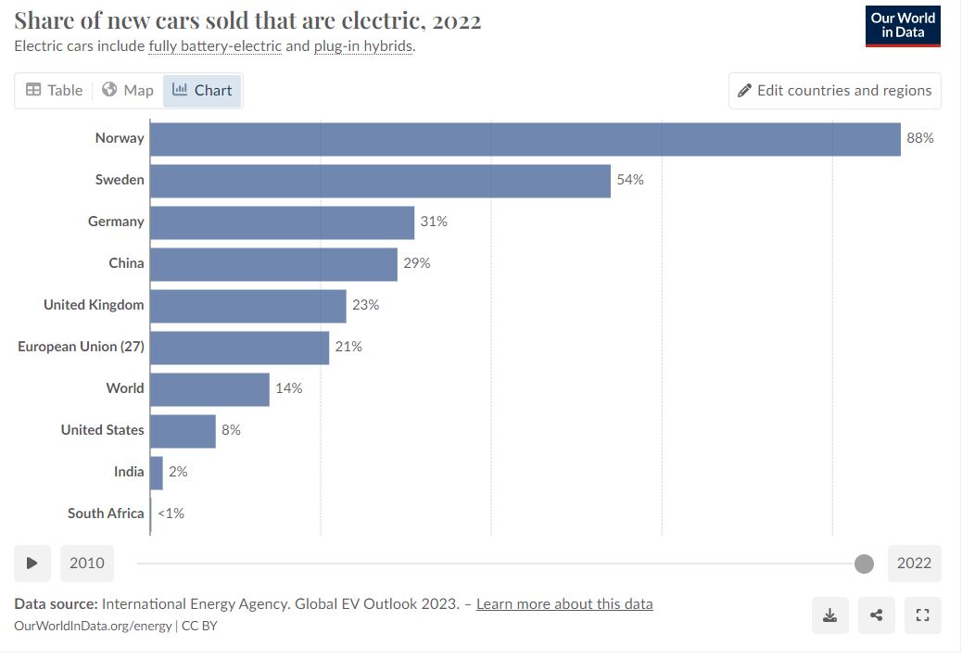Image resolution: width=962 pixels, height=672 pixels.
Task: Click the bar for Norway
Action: click(x=525, y=139)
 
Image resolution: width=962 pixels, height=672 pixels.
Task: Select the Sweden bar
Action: click(x=380, y=181)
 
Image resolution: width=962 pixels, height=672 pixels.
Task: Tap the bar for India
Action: click(x=157, y=473)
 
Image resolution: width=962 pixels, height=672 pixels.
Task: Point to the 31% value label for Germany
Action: click(x=434, y=222)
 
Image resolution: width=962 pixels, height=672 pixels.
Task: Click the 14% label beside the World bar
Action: click(x=288, y=388)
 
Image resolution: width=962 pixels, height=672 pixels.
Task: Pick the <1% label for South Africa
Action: click(x=171, y=514)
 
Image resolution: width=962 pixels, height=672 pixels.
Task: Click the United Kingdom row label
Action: click(x=94, y=305)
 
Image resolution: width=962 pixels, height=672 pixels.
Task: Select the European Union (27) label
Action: click(x=81, y=347)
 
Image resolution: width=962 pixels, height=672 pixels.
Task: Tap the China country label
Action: click(x=126, y=263)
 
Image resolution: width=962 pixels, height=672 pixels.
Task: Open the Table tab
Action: click(x=54, y=91)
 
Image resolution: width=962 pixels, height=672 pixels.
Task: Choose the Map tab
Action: click(x=128, y=91)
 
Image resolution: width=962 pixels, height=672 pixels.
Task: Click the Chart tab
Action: click(x=202, y=91)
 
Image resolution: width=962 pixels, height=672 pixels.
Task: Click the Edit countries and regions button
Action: click(x=834, y=91)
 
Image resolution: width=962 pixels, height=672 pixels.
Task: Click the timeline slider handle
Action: click(x=864, y=564)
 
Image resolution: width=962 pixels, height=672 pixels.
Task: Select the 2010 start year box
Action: click(x=87, y=564)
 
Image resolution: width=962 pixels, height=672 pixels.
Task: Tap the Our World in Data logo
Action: click(x=903, y=26)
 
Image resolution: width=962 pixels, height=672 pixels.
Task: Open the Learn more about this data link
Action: click(x=564, y=604)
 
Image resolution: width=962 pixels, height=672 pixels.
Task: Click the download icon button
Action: click(x=830, y=615)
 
